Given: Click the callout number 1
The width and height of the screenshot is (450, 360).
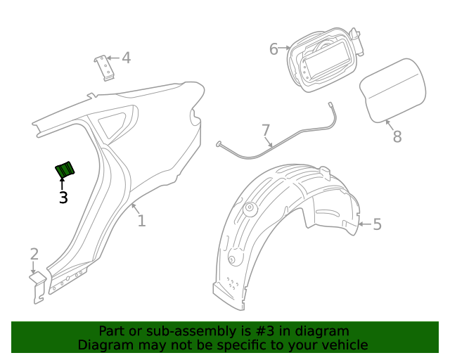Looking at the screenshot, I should pyautogui.click(x=141, y=221).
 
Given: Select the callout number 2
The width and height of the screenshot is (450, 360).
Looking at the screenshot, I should pyautogui.click(x=34, y=255).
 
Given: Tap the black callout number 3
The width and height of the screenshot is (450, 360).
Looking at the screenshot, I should pyautogui.click(x=63, y=198).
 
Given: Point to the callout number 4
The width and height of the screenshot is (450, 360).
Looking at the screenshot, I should pyautogui.click(x=126, y=58).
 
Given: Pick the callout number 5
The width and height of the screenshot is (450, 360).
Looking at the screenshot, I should pyautogui.click(x=377, y=224).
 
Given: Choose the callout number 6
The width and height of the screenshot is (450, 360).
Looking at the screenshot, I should pyautogui.click(x=274, y=49).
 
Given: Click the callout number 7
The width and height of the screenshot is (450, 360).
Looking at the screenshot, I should pyautogui.click(x=266, y=130).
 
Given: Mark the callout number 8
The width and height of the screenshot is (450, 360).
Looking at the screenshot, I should pyautogui.click(x=397, y=136).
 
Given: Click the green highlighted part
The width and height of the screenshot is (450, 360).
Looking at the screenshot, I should pyautogui.click(x=66, y=169).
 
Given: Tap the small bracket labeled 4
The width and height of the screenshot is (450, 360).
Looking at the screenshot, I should pyautogui.click(x=105, y=67).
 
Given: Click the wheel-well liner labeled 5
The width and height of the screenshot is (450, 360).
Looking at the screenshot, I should pyautogui.click(x=281, y=232).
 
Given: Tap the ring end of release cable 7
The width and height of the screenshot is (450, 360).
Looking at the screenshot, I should pyautogui.click(x=220, y=144).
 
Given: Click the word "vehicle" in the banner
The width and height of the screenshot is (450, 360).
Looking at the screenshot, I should pyautogui.click(x=344, y=345).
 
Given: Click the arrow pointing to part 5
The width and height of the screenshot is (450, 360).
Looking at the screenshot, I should pyautogui.click(x=363, y=224).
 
